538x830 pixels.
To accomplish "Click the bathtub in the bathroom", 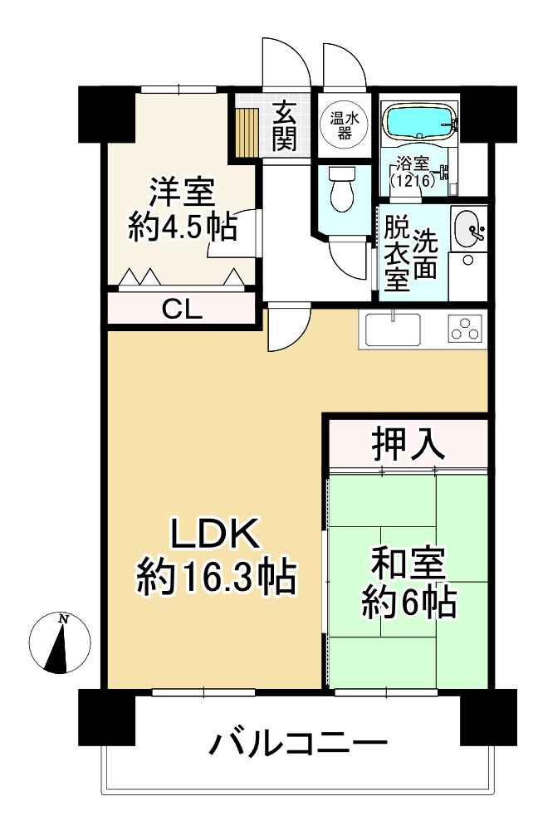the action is click(x=418, y=121).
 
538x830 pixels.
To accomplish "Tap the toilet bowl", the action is click(x=342, y=189).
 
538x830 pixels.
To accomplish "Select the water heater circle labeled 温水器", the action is click(x=345, y=125).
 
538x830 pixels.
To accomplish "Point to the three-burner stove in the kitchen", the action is click(x=466, y=328).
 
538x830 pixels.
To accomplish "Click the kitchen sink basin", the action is click(x=393, y=330).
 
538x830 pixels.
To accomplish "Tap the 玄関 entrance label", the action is click(x=284, y=126).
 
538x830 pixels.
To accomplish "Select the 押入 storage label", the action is click(x=408, y=443).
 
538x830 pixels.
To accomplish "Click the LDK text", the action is click(x=214, y=534).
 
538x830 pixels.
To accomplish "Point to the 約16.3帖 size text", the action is click(x=216, y=578).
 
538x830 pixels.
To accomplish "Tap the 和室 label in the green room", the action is click(x=408, y=563).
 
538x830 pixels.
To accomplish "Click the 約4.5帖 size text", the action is click(x=182, y=227).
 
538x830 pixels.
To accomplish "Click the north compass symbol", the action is click(x=60, y=642).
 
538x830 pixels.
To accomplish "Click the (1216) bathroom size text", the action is click(x=413, y=180).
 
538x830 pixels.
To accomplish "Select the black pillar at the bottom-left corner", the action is click(x=106, y=716).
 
